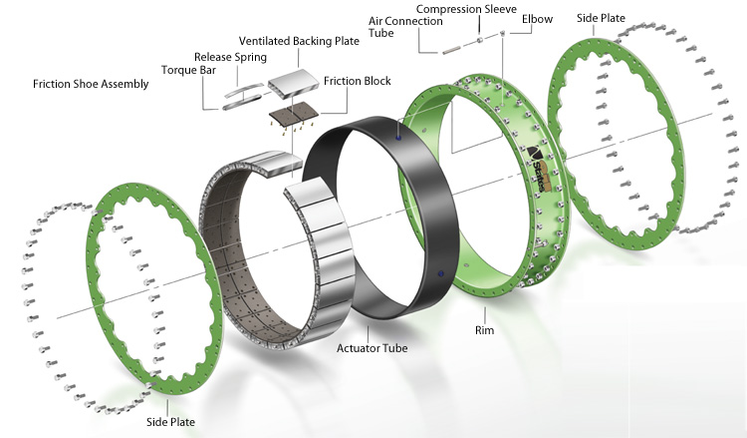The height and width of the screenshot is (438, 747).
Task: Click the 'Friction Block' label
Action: click(358, 80)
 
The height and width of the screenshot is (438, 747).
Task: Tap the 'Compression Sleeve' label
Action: click(460, 7)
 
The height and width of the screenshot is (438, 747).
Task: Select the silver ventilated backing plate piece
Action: click(286, 85)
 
